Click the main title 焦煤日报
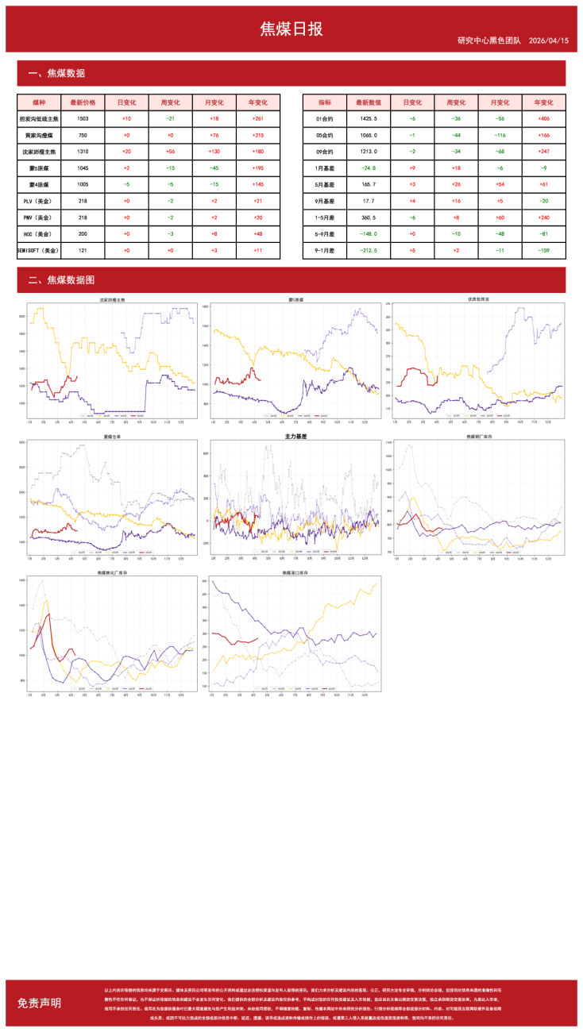[x=291, y=29]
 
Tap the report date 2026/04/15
[x=548, y=40]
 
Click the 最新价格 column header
[x=83, y=102]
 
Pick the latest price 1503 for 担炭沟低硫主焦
[x=83, y=118]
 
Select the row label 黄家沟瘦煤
[x=39, y=136]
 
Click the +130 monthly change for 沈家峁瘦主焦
[x=214, y=152]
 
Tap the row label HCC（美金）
[x=39, y=234]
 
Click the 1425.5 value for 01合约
[x=369, y=118]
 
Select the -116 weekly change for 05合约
[x=456, y=136]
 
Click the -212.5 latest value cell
[x=369, y=250]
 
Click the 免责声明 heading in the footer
[x=39, y=1003]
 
